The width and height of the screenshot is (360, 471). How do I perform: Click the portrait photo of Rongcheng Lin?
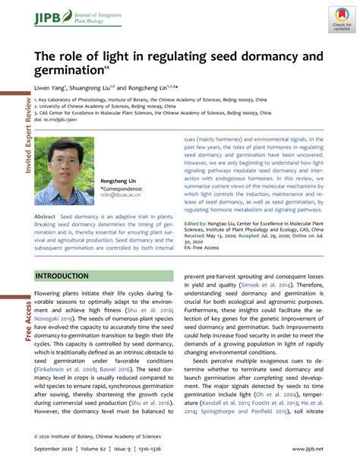pos(65,171)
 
